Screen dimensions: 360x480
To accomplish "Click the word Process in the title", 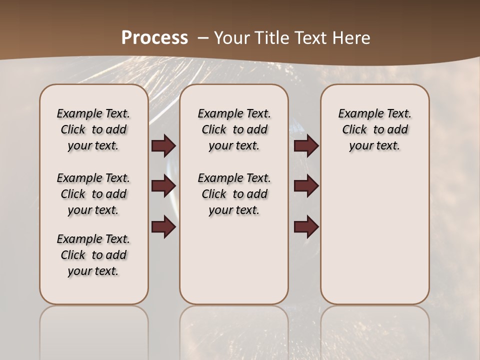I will coord(154,37).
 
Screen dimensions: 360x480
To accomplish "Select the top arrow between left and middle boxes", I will coord(163,146).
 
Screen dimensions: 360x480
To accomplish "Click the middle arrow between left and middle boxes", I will coord(163,186).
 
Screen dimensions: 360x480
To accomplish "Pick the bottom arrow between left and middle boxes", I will coord(163,227).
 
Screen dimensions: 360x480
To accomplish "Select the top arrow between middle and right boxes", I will coord(306,146).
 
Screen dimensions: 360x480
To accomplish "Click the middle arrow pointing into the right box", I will coord(306,186).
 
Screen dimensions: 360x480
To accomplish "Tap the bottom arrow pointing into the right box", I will coord(306,227).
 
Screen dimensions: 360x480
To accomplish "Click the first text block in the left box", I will coord(93,129).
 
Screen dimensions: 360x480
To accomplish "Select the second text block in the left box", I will coord(93,194).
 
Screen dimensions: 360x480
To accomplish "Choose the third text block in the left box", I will coord(93,255).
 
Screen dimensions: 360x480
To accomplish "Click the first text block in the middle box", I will coord(234,129).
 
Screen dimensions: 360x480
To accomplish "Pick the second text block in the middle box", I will coord(234,194).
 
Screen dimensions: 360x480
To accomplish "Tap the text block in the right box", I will coord(375,129).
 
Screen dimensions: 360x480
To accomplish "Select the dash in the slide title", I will coord(203,38).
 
